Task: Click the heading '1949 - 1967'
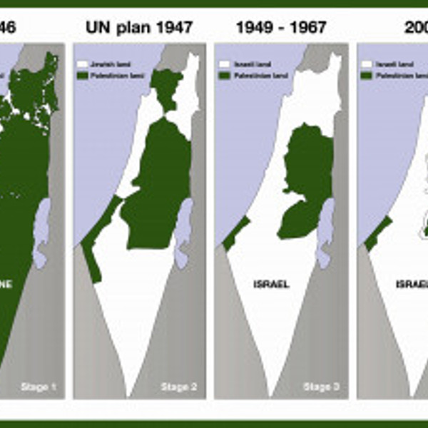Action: pyautogui.click(x=281, y=29)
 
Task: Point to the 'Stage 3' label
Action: pyautogui.click(x=317, y=387)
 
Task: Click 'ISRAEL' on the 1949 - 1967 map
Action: pyautogui.click(x=271, y=284)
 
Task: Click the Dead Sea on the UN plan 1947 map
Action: pyautogui.click(x=184, y=232)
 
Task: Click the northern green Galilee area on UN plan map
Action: pyautogui.click(x=168, y=89)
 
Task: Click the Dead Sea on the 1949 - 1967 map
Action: pyautogui.click(x=327, y=232)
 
